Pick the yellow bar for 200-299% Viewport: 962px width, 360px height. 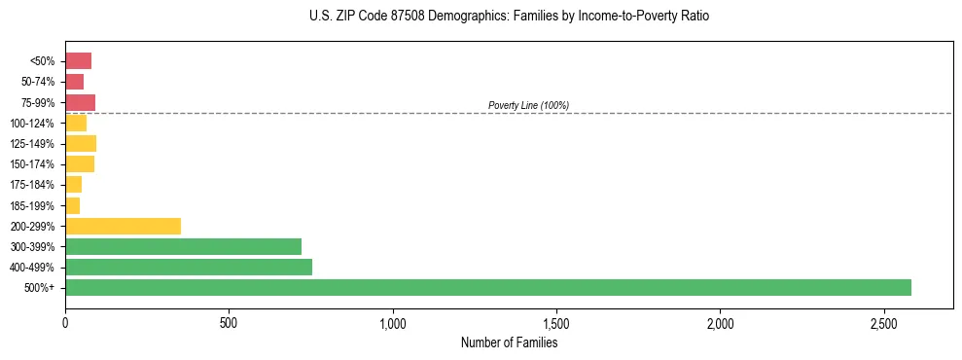(x=123, y=227)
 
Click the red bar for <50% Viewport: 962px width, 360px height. (x=78, y=61)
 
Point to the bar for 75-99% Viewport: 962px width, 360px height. (x=80, y=102)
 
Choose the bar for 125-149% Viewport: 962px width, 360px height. (x=81, y=144)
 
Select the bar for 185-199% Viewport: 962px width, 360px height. (x=72, y=205)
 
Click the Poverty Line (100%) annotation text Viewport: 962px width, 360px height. (x=528, y=105)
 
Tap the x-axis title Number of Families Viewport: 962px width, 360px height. (x=509, y=342)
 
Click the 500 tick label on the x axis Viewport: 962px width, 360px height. (x=229, y=322)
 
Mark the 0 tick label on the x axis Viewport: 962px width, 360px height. (x=65, y=322)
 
